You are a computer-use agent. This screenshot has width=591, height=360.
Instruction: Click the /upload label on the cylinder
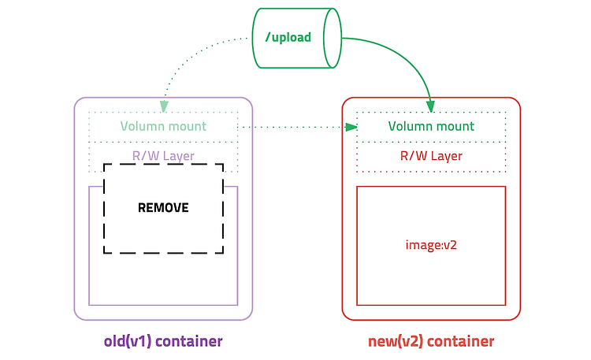click(x=288, y=37)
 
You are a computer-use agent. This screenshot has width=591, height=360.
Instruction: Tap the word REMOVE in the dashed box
click(x=163, y=208)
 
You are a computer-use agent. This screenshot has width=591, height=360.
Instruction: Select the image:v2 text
click(x=431, y=245)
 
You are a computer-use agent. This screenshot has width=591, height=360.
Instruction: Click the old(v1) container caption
click(x=163, y=341)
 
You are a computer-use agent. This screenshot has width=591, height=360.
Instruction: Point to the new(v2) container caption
click(x=431, y=341)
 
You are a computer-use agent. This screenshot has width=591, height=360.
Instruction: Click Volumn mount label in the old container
click(x=163, y=126)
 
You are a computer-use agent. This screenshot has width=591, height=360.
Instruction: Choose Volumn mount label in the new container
click(x=431, y=126)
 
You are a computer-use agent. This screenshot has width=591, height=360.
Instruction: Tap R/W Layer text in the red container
click(x=431, y=156)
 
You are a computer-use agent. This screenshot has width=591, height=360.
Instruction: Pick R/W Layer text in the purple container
click(x=163, y=156)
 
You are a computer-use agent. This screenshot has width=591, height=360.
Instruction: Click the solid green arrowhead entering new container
click(x=431, y=106)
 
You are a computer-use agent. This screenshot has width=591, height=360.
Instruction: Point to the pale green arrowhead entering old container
click(x=164, y=106)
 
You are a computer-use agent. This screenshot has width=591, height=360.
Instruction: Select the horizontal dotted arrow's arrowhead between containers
click(x=351, y=127)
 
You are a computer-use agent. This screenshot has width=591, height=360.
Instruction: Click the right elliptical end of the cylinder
click(x=333, y=38)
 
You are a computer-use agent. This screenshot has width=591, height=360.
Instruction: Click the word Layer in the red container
click(x=447, y=156)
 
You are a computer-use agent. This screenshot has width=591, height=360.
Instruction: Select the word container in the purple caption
click(x=189, y=341)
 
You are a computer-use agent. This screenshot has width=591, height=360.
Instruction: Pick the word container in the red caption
click(x=461, y=341)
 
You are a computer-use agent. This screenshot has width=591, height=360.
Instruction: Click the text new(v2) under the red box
click(x=396, y=341)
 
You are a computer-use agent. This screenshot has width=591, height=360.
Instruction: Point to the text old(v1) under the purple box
click(x=128, y=341)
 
